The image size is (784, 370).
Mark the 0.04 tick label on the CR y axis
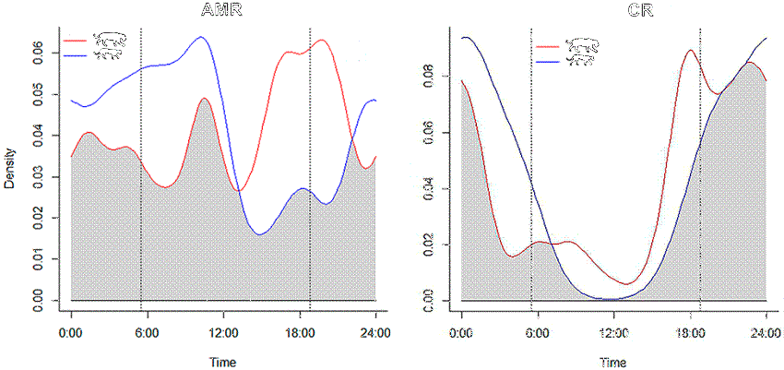[x=432, y=188]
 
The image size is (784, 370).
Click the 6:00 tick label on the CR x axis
[x=539, y=329]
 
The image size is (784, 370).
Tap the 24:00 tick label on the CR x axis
[x=766, y=329]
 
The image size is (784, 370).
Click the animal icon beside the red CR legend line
[x=581, y=44]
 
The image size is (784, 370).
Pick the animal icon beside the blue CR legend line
[x=581, y=60]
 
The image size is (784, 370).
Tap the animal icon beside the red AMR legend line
[x=112, y=39]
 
